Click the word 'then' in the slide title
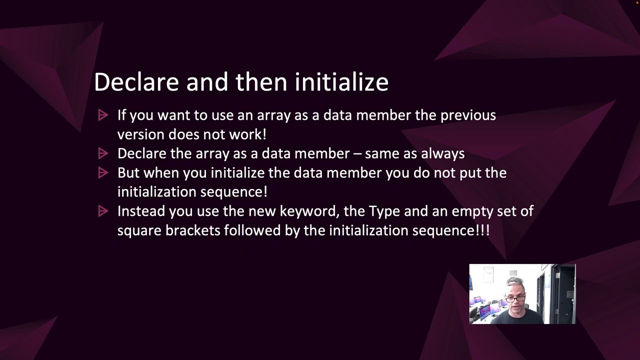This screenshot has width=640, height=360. (261, 81)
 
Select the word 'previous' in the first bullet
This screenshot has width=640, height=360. (468, 115)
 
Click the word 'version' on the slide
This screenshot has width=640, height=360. (140, 134)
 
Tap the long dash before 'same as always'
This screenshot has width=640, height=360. (357, 154)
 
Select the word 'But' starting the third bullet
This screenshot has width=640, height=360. (128, 173)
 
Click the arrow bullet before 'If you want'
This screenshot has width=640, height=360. (103, 115)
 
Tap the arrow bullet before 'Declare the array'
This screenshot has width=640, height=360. (103, 153)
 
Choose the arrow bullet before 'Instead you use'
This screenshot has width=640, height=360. (103, 211)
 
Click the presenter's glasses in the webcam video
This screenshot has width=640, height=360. (515, 298)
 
